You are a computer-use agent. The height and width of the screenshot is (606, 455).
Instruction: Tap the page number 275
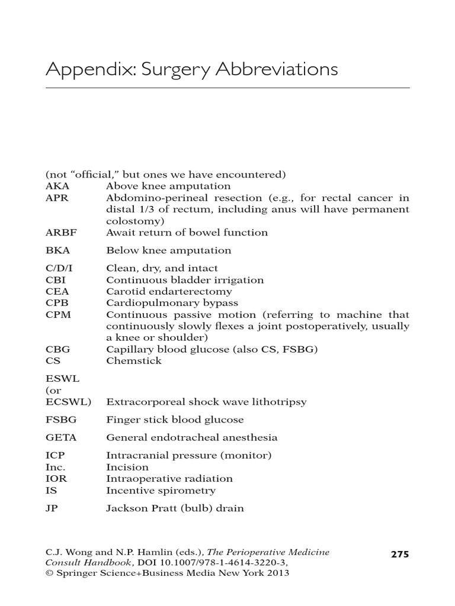(x=400, y=555)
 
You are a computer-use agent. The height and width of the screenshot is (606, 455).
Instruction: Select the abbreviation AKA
(x=57, y=186)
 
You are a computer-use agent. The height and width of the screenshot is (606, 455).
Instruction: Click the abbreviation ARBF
(x=59, y=233)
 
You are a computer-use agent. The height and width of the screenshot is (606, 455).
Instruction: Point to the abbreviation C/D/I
(x=57, y=268)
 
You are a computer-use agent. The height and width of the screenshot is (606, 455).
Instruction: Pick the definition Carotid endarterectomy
(x=169, y=292)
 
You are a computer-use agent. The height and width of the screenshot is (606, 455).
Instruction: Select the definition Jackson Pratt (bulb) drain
(x=175, y=508)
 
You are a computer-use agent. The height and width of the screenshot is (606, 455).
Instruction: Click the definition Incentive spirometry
(x=161, y=491)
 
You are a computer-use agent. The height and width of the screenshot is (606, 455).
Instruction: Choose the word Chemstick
(x=134, y=361)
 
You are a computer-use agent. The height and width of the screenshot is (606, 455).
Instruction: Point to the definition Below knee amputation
(x=168, y=250)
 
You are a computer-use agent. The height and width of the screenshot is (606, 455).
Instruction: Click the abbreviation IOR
(x=56, y=479)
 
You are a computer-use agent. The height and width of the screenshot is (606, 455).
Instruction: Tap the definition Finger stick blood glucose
(x=175, y=420)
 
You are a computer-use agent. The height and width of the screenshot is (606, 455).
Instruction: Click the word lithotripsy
(x=278, y=402)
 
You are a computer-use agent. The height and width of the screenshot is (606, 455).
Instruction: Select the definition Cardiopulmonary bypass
(x=172, y=304)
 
